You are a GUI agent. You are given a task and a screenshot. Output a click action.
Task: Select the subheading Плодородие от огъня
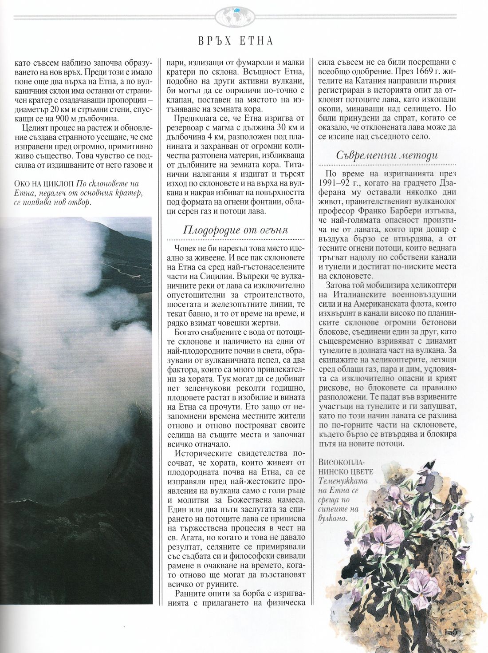tap(235, 230)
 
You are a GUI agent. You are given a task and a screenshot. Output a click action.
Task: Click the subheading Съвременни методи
tap(386, 155)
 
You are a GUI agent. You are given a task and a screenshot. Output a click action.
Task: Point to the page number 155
tap(449, 632)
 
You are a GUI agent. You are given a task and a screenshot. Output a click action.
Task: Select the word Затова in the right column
tap(339, 285)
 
